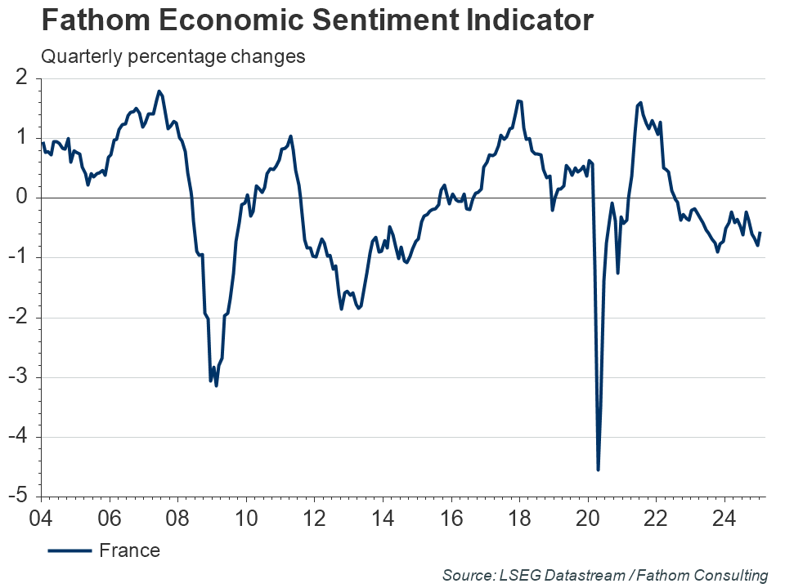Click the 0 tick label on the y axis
(22, 198)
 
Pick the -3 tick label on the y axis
(19, 377)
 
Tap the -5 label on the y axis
(19, 497)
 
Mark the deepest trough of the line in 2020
(598, 470)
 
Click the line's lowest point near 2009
(216, 385)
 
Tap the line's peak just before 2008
(159, 91)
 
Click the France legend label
(129, 550)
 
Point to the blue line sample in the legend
(70, 550)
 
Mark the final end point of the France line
(760, 233)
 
